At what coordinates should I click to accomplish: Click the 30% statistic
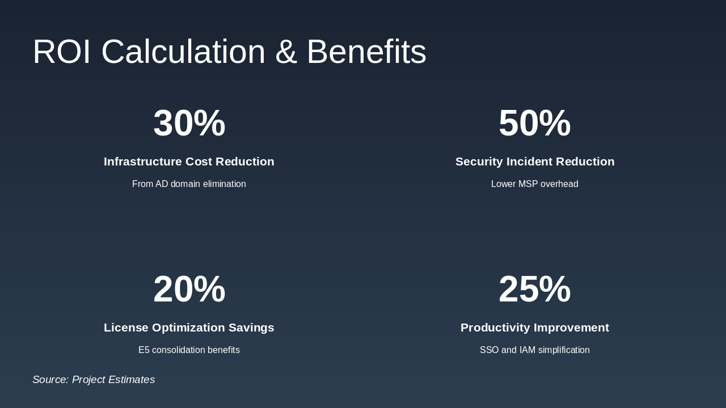click(x=189, y=123)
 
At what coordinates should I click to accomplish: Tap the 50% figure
click(x=534, y=123)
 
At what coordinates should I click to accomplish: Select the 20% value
click(x=189, y=289)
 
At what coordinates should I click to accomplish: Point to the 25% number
click(x=534, y=289)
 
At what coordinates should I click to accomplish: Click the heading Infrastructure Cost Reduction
click(x=189, y=161)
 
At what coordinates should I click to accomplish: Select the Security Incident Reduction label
click(x=535, y=161)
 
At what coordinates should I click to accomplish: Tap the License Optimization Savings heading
click(x=189, y=328)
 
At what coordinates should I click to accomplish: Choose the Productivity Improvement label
click(x=535, y=328)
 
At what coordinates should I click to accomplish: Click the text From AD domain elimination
click(x=189, y=184)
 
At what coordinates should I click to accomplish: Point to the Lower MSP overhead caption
click(x=535, y=184)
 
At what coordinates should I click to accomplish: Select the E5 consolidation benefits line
click(x=189, y=350)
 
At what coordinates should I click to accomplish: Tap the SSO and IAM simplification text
click(x=535, y=350)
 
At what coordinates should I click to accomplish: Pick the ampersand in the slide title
click(x=286, y=52)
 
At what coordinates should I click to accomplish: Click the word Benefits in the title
click(x=366, y=52)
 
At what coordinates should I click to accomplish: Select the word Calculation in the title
click(x=183, y=52)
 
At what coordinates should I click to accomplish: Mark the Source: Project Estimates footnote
click(x=94, y=380)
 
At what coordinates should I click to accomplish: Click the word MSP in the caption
click(x=527, y=184)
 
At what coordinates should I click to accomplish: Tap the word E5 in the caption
click(x=144, y=350)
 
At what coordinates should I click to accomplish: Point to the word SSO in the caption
click(x=489, y=350)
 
